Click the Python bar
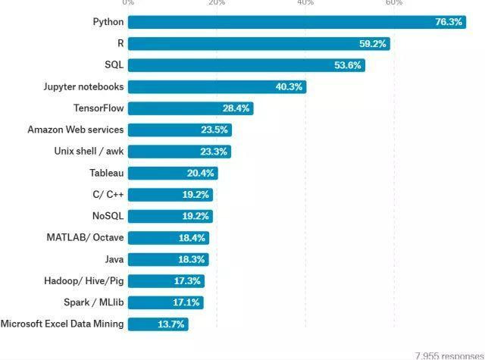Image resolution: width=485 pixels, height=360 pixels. coord(296,22)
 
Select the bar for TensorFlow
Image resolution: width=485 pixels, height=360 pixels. coord(189,108)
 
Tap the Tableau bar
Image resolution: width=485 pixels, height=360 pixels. coord(172,173)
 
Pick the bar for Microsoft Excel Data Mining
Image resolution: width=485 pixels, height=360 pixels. coord(158,324)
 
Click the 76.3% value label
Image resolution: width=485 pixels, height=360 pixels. coord(449,22)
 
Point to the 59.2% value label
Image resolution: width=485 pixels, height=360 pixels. coord(373,44)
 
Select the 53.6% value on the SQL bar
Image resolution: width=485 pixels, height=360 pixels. coord(348,65)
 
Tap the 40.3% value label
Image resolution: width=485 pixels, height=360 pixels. coord(289,87)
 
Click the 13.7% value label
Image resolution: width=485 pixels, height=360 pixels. coord(171,324)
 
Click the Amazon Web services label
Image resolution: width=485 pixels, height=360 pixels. coord(75,130)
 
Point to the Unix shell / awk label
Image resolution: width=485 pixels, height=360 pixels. coord(89,151)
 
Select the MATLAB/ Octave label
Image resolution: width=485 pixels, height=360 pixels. coord(85,237)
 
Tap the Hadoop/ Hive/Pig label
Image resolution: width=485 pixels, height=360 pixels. coord(83,280)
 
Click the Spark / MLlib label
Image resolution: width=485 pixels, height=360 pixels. coord(94,302)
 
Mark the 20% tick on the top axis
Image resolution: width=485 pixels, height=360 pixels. coord(217,3)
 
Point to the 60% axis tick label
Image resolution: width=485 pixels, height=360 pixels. coord(394,3)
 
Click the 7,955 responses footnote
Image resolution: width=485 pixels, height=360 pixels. coord(449,355)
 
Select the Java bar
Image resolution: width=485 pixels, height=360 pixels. coord(167,259)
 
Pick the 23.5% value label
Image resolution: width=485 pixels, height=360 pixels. coord(214,130)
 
